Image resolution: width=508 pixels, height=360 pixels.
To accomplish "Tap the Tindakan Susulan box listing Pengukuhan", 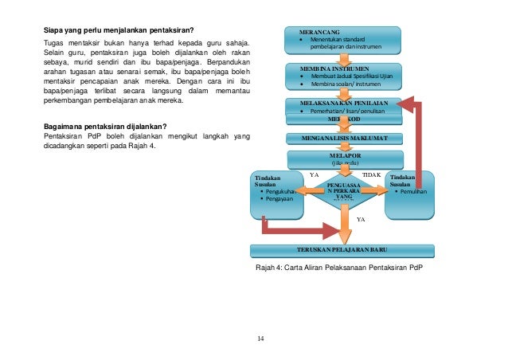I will click(276, 194).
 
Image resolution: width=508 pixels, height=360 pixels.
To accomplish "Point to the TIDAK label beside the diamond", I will click(371, 174).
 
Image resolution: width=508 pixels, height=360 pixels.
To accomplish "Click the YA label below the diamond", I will click(360, 218).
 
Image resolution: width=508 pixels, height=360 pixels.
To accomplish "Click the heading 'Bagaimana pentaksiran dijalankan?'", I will click(104, 127).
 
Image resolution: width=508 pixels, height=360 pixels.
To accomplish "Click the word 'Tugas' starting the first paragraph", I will click(53, 42).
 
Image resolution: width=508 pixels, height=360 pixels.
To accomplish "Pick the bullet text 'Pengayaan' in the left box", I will click(279, 199).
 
